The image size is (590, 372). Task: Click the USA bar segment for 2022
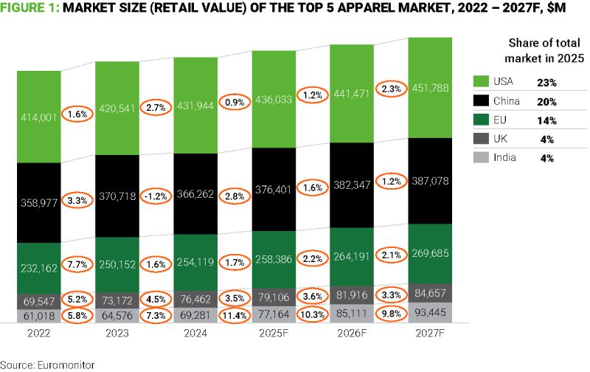[39, 117]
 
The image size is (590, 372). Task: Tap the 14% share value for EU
[546, 120]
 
